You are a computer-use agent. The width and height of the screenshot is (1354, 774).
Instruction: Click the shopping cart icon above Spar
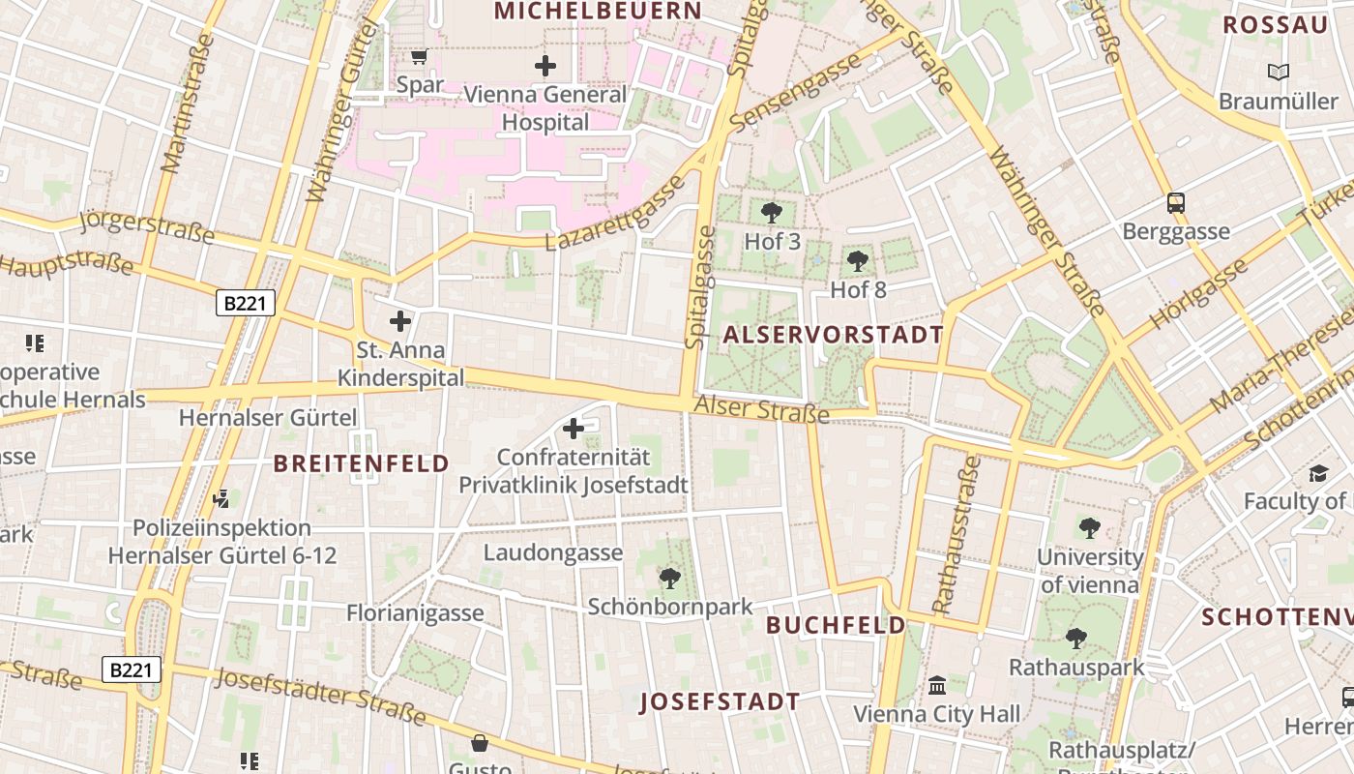coord(419,57)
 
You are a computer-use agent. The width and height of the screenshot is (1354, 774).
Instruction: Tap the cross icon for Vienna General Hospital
coord(545,66)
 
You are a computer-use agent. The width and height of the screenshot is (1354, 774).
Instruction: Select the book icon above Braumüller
coord(1279,72)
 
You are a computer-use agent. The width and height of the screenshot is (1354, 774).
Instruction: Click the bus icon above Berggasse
coord(1176,203)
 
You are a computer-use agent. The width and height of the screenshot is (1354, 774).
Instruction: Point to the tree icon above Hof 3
coord(772,212)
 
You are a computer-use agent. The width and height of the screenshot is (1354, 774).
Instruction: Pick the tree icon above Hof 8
coord(857,260)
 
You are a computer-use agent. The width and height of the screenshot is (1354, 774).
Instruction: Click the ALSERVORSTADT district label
coord(833,335)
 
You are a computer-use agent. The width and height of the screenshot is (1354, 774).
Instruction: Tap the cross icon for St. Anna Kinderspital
coord(400,320)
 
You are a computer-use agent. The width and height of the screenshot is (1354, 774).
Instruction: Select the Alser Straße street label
coord(761,410)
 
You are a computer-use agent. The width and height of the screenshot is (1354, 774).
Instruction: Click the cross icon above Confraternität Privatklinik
coord(574,428)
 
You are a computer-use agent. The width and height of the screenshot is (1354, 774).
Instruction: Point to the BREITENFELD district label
coord(362,463)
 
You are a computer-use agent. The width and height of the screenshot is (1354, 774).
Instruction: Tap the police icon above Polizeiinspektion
coord(221,499)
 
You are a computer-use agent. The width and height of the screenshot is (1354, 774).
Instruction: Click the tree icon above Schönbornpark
coord(669,579)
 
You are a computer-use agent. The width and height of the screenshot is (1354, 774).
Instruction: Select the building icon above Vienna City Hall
coord(937,685)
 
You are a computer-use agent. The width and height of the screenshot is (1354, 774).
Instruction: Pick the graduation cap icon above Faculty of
coord(1318,473)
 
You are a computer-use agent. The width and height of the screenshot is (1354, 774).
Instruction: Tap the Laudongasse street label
coord(553,553)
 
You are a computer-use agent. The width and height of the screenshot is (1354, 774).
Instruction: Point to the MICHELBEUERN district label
coord(598,11)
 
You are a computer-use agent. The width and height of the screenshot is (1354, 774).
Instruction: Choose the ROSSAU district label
coord(1275,25)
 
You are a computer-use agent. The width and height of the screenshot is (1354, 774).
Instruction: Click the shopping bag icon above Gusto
coord(480,743)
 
